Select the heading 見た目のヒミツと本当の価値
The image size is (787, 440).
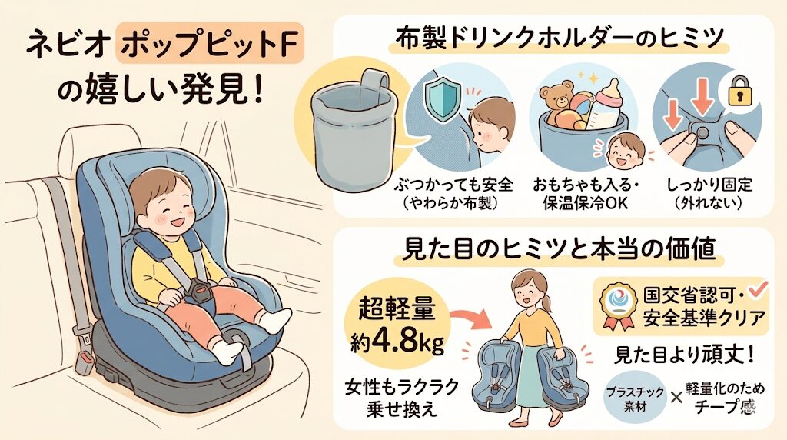[x=560, y=248]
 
